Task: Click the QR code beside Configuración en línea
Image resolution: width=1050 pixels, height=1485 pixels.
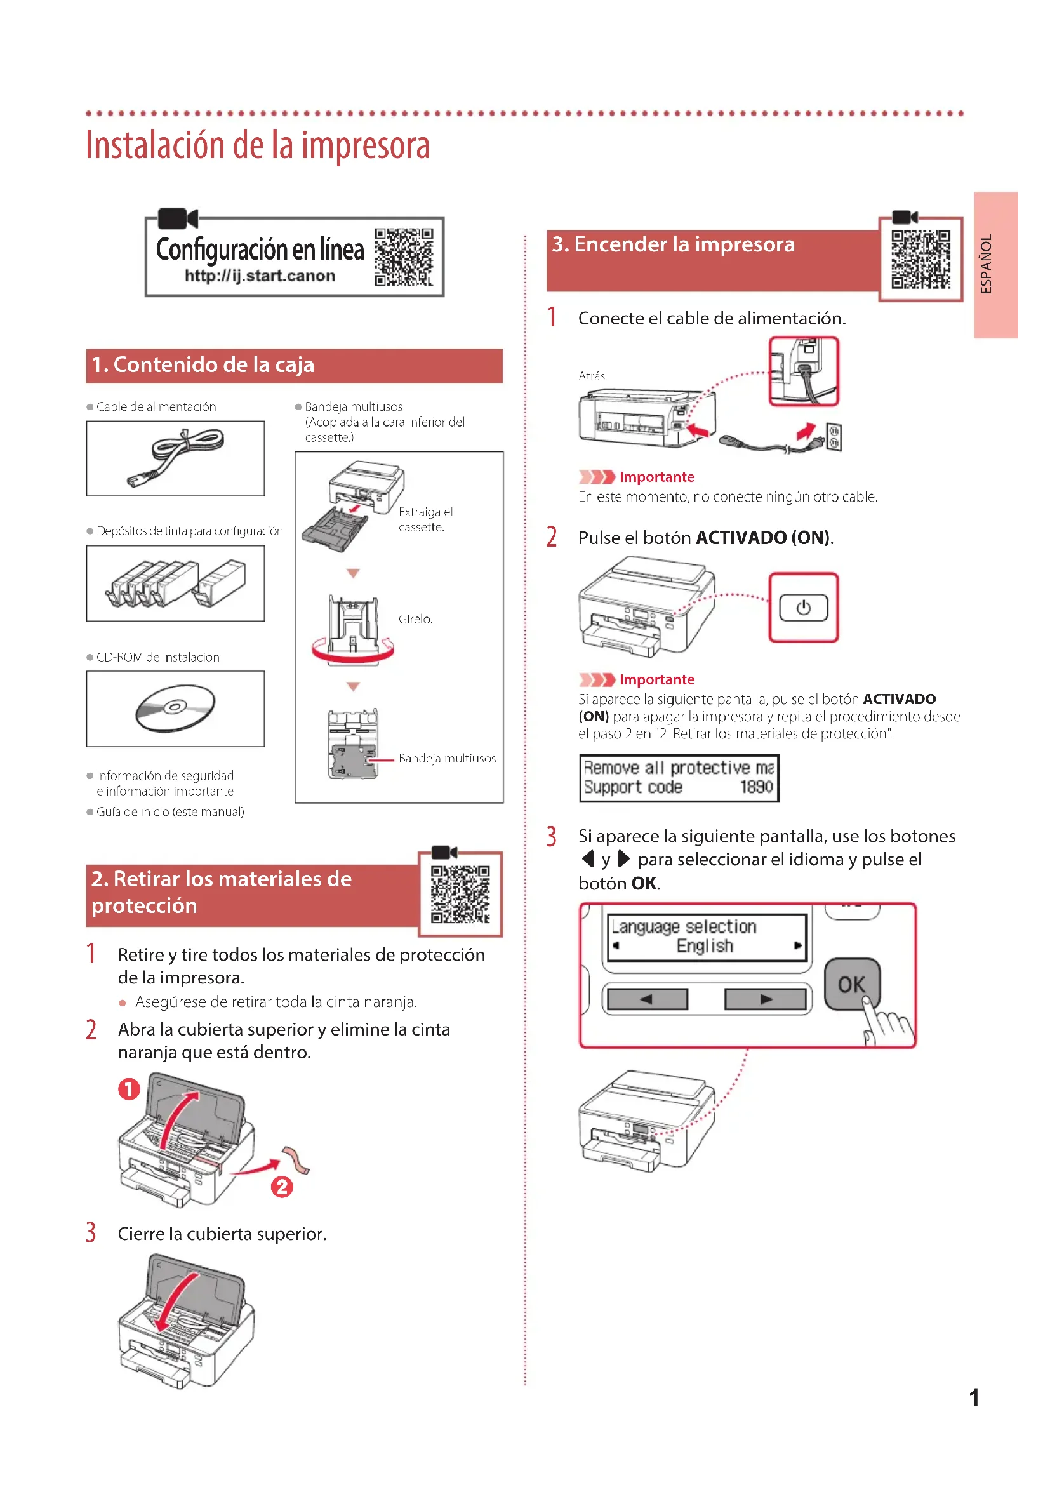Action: (404, 256)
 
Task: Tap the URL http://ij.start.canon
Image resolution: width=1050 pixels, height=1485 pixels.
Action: (260, 276)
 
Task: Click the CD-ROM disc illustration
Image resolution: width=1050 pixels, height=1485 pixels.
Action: (175, 709)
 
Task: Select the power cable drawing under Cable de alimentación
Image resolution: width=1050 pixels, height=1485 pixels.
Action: (176, 456)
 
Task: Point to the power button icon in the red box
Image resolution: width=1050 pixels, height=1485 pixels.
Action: (803, 608)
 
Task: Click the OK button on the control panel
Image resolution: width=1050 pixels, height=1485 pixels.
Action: (851, 985)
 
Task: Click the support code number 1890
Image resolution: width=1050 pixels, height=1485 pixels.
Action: (756, 787)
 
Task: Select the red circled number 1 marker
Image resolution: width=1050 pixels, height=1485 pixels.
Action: (129, 1089)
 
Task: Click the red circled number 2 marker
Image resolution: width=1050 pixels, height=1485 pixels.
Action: (282, 1187)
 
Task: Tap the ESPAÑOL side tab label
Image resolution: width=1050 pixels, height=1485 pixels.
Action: (987, 264)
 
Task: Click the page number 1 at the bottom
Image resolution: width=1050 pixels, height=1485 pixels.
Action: (974, 1397)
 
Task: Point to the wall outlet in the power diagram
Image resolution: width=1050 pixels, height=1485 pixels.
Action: (834, 437)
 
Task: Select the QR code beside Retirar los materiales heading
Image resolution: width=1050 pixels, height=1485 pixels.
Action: (460, 894)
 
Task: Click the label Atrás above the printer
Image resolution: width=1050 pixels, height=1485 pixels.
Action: (592, 376)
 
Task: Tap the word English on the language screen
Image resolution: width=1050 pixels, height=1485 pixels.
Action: (705, 946)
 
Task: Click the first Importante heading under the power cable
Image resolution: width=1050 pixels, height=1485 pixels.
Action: (656, 477)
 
